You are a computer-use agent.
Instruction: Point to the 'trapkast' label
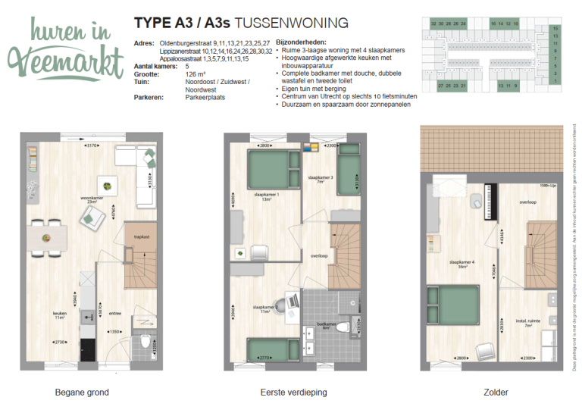[x=142, y=237]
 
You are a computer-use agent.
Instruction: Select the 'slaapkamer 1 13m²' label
[x=266, y=196]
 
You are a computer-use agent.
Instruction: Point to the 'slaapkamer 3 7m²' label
[x=316, y=180]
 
